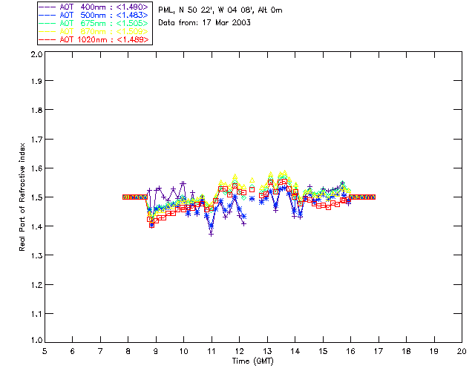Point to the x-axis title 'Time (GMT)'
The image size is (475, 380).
[x=252, y=361]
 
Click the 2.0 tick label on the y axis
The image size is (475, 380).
[x=34, y=54]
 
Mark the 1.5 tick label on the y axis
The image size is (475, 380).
[x=34, y=197]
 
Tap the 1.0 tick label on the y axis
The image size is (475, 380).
[x=34, y=341]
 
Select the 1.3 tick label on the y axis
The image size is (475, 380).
[x=34, y=255]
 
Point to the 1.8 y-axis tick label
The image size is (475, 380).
[x=34, y=111]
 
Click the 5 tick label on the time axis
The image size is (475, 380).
[x=45, y=351]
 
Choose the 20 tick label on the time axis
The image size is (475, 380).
[x=462, y=351]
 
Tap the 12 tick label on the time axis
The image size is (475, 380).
[x=239, y=351]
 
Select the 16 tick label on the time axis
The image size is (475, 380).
[x=350, y=351]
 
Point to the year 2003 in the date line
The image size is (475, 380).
[x=240, y=23]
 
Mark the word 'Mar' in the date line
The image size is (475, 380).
[x=221, y=23]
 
